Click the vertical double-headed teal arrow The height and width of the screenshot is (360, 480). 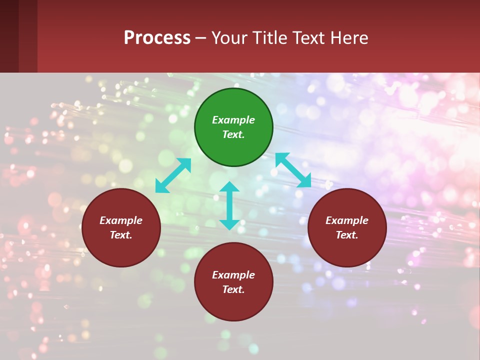tap(229, 205)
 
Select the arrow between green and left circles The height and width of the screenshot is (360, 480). tap(173, 175)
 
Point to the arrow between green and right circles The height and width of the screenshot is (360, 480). tap(293, 170)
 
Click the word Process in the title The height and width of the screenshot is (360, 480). tap(157, 37)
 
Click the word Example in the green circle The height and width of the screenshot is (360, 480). tap(233, 120)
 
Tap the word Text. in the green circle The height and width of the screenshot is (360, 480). tap(233, 134)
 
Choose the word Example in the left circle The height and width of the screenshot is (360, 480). tap(121, 220)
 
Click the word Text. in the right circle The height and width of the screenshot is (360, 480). tap(347, 235)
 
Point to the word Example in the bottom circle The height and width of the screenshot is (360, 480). tap(233, 275)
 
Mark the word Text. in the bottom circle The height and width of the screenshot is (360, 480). tap(233, 289)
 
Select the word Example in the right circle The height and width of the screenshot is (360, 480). tap(347, 220)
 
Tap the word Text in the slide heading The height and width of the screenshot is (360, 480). tap(308, 37)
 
